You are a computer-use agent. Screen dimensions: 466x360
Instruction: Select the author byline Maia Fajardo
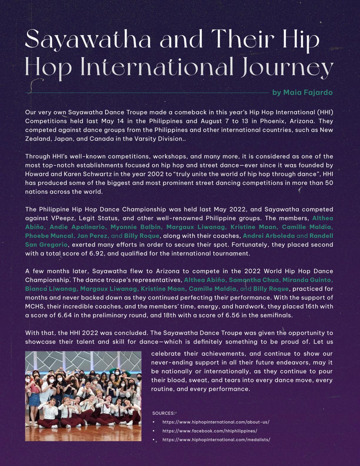303,93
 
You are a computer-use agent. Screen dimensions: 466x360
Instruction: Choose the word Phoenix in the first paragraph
271,121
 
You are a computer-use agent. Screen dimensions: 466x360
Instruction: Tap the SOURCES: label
163,413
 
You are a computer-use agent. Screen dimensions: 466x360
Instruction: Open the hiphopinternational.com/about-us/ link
216,422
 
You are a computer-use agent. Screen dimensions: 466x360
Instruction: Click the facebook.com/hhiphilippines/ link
210,431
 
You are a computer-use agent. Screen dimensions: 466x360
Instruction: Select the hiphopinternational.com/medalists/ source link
216,440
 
